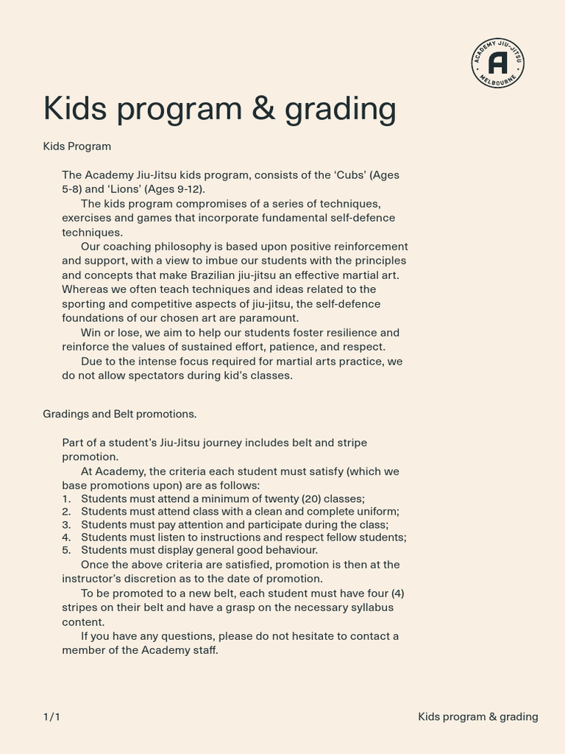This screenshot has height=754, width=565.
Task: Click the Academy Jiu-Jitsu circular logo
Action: pos(498,63)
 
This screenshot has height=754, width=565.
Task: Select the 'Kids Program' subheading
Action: pos(77,146)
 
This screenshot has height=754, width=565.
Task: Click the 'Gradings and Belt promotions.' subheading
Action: pos(120,414)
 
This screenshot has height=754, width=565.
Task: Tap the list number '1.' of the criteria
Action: pos(66,498)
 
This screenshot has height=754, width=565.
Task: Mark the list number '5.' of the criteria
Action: pos(66,550)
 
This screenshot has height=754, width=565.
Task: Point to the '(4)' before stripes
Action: pos(397,593)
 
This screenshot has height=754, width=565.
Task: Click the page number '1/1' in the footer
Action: pos(51,716)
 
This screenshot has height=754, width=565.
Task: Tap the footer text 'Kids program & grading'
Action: pos(477,716)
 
